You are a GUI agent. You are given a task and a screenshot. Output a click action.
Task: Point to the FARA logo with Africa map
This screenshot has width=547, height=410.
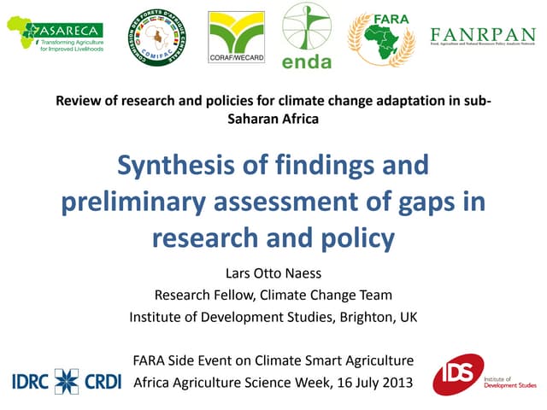[x=381, y=38]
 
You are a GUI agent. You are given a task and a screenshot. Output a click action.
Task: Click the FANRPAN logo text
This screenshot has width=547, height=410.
[x=484, y=34]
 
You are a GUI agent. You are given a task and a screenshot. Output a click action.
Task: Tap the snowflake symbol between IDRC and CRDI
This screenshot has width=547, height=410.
[x=67, y=382]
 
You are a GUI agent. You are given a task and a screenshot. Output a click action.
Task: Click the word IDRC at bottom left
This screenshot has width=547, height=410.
[x=32, y=382]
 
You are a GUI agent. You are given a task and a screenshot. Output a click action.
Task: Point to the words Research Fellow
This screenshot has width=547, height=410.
[x=203, y=296]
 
